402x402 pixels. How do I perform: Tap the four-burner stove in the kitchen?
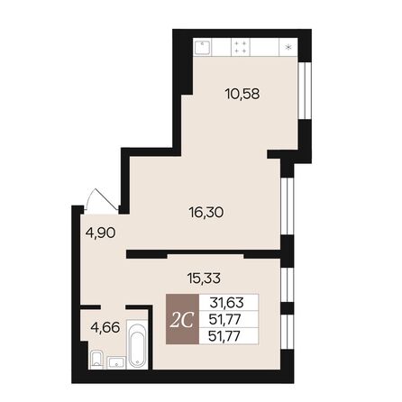point(241,47)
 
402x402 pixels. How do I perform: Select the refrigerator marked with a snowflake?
point(288,47)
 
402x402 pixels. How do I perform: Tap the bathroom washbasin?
point(114,362)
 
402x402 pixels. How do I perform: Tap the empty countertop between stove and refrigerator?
point(266,47)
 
